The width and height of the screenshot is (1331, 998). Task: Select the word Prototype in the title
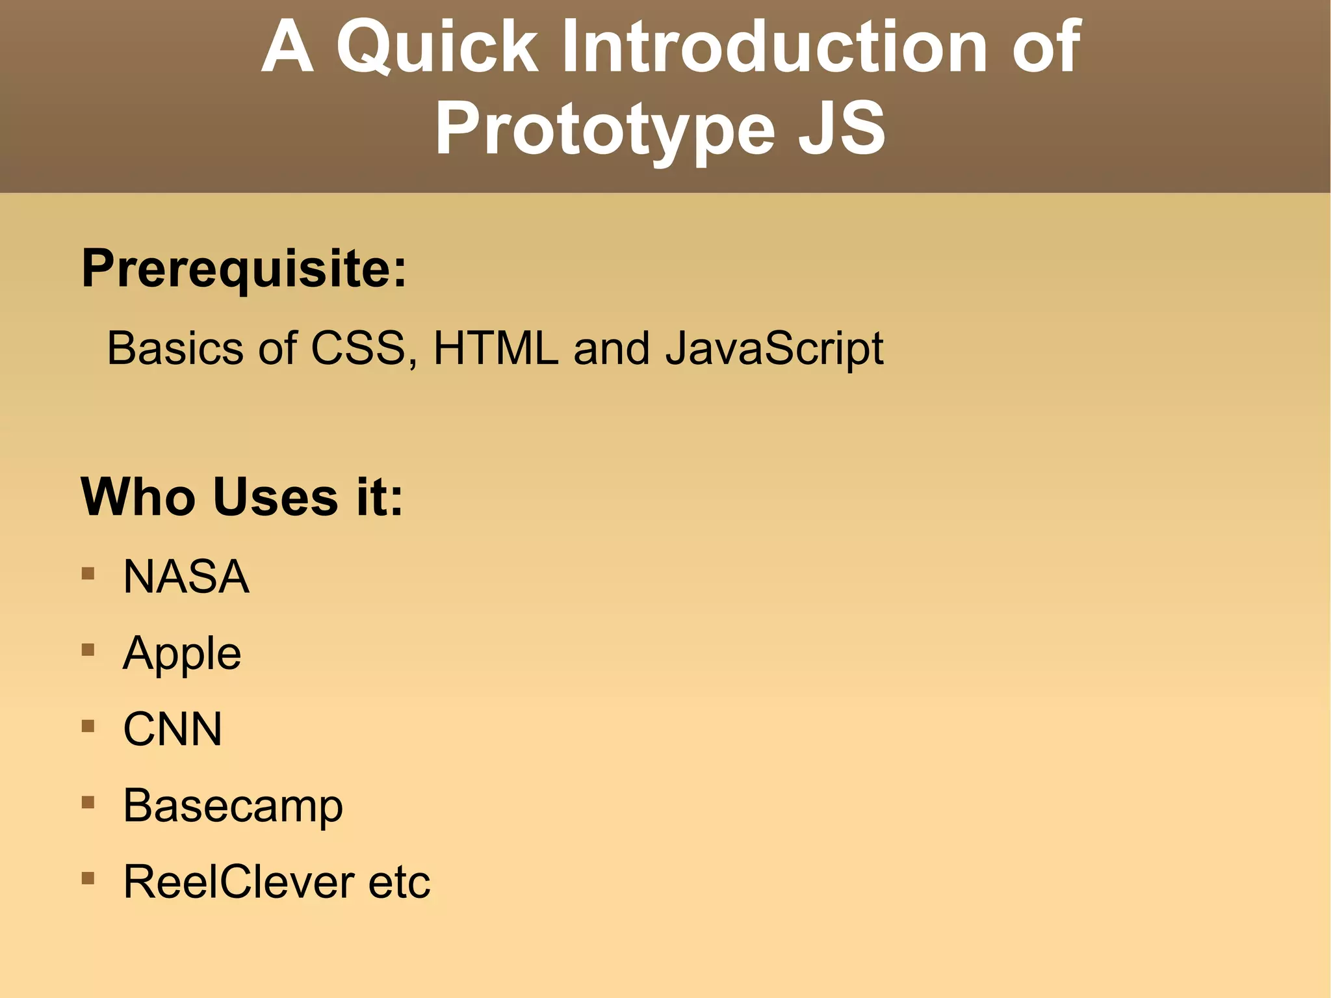605,130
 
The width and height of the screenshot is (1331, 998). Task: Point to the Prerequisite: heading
244,269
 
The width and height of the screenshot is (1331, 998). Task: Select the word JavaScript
774,350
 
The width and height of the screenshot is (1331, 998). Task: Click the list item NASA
186,577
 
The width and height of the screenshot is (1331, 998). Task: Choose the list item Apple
182,654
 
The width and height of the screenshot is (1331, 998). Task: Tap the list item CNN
172,729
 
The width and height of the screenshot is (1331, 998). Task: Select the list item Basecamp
233,807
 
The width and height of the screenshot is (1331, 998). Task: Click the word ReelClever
238,883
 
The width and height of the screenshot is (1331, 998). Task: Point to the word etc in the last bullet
399,883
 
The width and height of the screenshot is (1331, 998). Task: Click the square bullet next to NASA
88,573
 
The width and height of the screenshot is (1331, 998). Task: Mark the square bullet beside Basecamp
88,802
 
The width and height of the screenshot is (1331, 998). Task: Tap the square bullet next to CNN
88,726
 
